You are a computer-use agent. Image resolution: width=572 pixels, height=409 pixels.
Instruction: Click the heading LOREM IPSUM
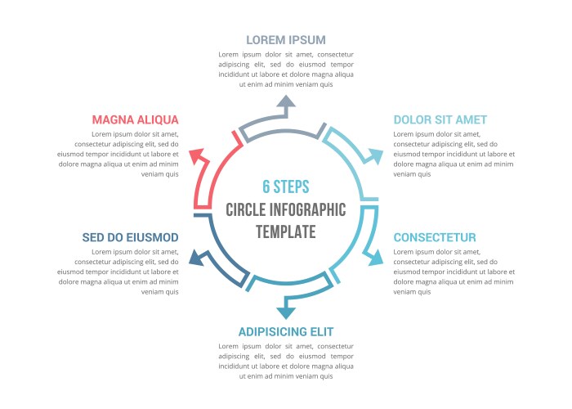click(x=285, y=39)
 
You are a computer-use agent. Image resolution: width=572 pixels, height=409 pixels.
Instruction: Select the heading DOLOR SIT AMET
click(x=440, y=119)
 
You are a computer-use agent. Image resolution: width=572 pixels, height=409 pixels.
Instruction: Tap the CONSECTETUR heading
click(x=434, y=237)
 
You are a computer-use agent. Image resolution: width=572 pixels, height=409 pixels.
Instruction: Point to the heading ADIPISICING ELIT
click(x=285, y=331)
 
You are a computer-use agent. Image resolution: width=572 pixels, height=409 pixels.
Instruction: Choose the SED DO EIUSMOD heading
click(x=130, y=237)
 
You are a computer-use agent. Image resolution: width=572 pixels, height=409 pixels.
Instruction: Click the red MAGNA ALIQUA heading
click(x=135, y=119)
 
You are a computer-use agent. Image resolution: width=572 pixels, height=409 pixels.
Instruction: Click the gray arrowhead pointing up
click(x=285, y=101)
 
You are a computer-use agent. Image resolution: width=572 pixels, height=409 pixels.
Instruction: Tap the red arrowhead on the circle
click(x=196, y=155)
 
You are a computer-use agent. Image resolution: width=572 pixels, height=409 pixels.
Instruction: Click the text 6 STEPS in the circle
click(x=285, y=187)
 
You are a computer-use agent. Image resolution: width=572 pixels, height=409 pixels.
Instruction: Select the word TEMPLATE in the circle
click(x=285, y=231)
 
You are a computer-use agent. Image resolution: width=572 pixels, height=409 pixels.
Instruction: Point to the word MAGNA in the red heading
click(x=112, y=119)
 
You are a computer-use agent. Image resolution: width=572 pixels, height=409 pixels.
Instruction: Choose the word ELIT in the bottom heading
click(x=319, y=331)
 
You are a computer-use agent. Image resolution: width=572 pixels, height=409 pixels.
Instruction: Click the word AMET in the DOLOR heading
click(x=469, y=119)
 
